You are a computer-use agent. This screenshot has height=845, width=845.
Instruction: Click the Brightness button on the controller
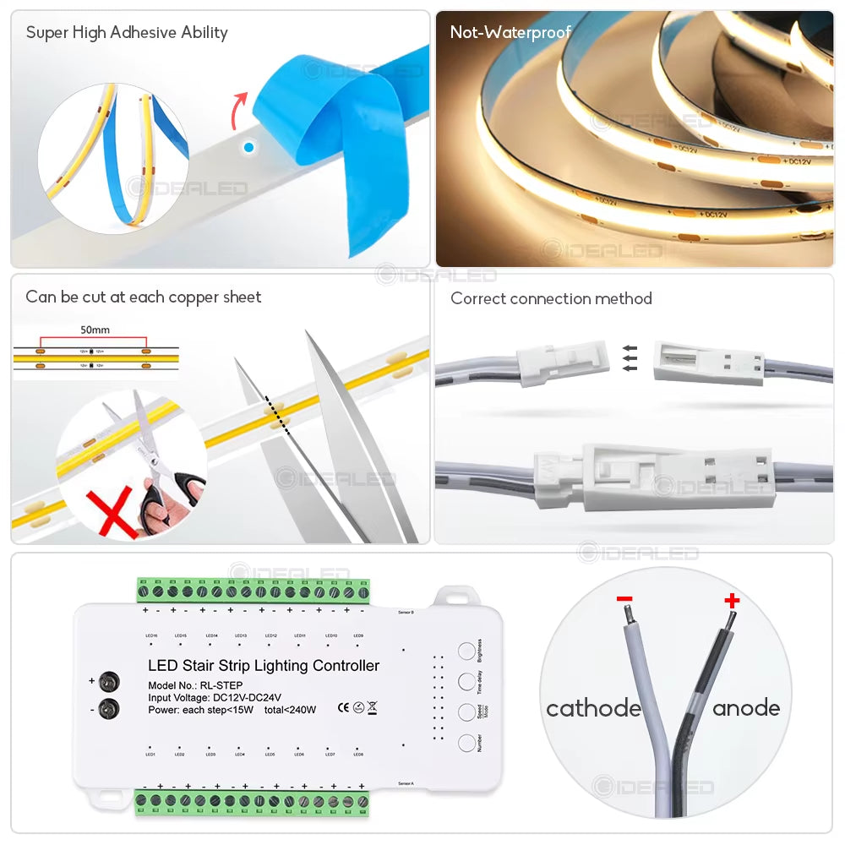pos(467,651)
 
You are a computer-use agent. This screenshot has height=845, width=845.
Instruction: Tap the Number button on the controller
pos(467,743)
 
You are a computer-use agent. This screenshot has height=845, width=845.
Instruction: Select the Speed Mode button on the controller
pos(467,712)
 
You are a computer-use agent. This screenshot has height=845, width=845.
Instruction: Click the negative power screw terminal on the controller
pos(108,710)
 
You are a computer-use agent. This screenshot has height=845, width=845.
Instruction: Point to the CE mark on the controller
pos(343,708)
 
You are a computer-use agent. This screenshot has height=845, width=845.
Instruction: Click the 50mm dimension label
pos(95,330)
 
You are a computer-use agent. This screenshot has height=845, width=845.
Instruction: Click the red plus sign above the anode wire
pos(732,601)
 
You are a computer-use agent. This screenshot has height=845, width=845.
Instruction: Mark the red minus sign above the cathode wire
pos(624,599)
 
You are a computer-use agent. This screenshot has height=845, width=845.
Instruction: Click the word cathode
pos(593,708)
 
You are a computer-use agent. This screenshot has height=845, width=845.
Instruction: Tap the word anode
pos(745,708)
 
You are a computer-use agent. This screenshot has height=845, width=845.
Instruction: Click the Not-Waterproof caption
pos(510,33)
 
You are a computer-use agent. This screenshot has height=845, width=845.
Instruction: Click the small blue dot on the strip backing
pos(248,147)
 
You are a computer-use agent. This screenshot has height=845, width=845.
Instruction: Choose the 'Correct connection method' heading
pos(551,298)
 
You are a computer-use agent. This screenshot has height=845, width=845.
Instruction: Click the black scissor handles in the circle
pos(169,494)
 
